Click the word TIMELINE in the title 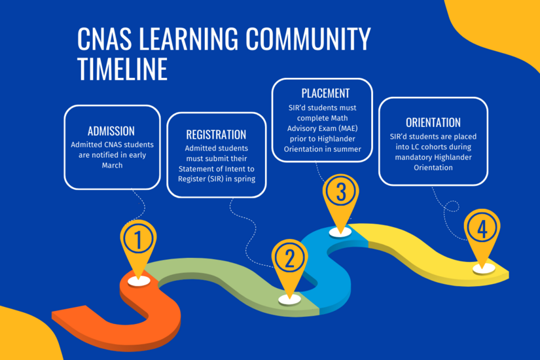click(122, 68)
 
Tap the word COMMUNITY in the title click(302, 40)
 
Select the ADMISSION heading click(111, 130)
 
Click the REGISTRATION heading click(216, 135)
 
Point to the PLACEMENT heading click(325, 93)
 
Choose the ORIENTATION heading click(433, 122)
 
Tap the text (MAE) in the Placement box click(349, 128)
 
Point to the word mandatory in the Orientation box click(412, 157)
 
